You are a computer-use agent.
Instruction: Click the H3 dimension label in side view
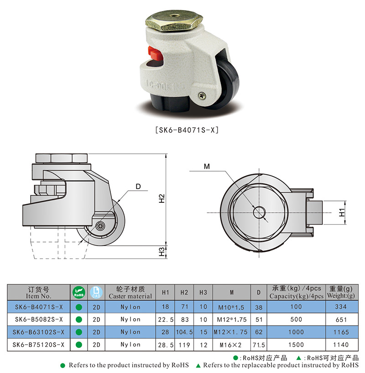[161, 251]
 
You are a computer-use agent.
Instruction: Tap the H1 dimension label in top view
[342, 212]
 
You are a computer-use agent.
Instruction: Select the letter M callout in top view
[207, 167]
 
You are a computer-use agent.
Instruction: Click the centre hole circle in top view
[260, 212]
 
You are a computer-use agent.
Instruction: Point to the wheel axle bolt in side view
[100, 226]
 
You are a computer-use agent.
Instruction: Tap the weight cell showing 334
[341, 307]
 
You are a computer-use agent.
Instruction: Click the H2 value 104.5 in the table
[184, 332]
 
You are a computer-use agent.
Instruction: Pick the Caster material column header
[130, 292]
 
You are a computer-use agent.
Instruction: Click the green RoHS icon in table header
[78, 292]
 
